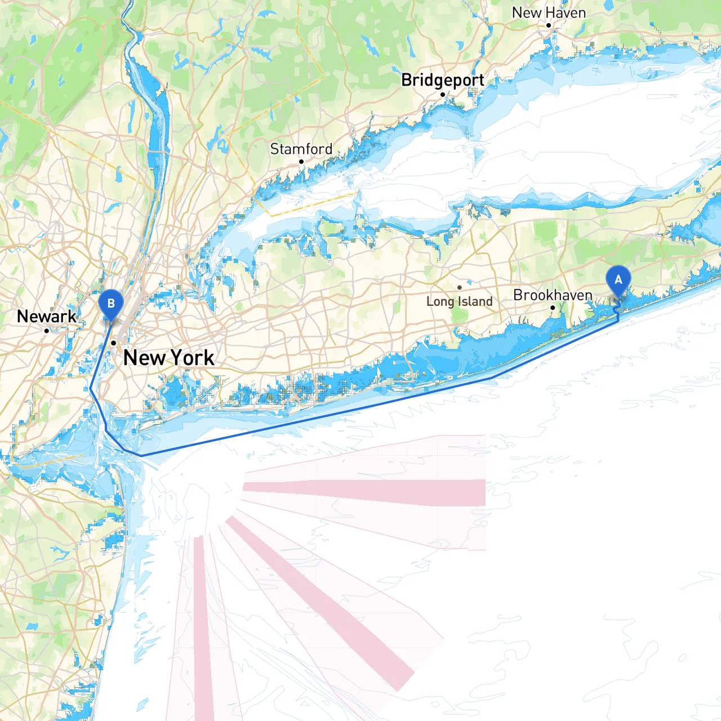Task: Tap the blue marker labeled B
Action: point(111,304)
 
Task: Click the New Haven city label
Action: point(549,12)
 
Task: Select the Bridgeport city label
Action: point(443,81)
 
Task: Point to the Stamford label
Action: point(301,149)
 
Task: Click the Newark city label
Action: point(46,317)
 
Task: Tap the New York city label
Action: point(168,358)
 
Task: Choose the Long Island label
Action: point(459,302)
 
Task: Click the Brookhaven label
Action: point(553,295)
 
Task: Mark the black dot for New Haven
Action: point(549,25)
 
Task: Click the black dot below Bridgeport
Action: point(443,94)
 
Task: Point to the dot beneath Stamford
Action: point(301,162)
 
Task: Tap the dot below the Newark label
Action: point(46,331)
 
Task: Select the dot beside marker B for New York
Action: point(114,342)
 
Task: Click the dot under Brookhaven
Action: point(553,308)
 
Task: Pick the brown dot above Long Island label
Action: point(460,288)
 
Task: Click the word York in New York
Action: point(192,358)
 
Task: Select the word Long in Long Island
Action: point(440,302)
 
